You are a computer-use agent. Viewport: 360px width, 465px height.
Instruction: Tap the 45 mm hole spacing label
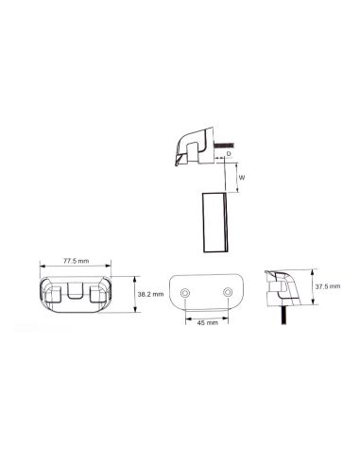208,321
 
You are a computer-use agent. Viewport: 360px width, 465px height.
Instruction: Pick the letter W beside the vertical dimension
242,177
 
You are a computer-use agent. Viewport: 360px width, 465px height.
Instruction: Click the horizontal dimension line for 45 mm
208,314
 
